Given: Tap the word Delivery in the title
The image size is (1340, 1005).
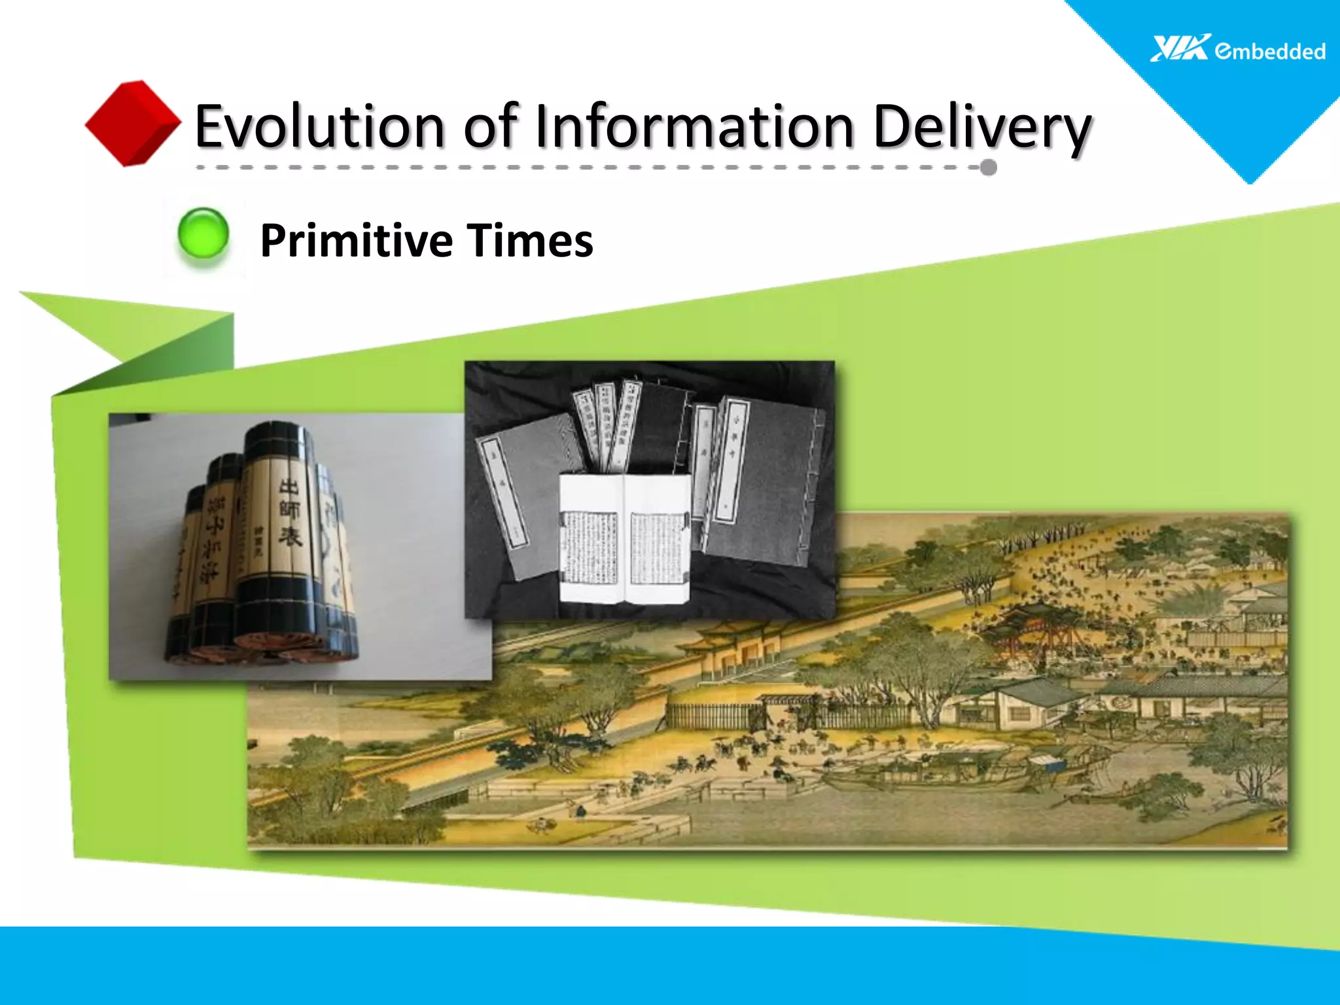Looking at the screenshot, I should (x=981, y=128).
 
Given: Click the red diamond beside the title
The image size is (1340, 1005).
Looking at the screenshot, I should (x=133, y=122).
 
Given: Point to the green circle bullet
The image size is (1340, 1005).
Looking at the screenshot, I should (x=203, y=234).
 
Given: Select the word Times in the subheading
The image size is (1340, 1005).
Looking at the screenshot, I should (x=530, y=240).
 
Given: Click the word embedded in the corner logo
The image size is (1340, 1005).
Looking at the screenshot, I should (x=1270, y=51).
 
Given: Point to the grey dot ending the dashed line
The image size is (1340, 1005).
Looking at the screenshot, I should (x=989, y=167).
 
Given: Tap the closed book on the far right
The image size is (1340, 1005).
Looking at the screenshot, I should (x=766, y=484).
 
